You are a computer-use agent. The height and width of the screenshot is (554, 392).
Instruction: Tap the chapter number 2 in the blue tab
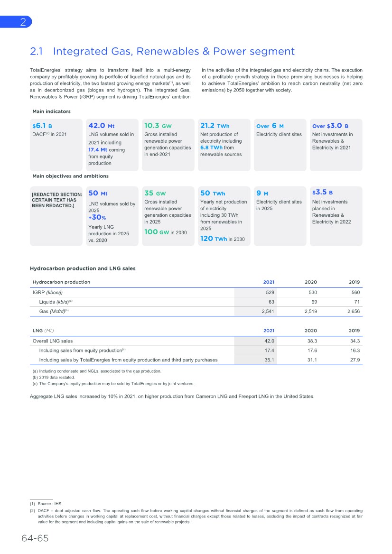pyautogui.click(x=22, y=22)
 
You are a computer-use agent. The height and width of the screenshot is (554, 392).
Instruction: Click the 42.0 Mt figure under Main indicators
pyautogui.click(x=101, y=126)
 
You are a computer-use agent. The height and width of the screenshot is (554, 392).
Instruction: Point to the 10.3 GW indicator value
pyautogui.click(x=158, y=126)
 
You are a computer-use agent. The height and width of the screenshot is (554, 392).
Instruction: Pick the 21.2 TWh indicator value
pyautogui.click(x=215, y=126)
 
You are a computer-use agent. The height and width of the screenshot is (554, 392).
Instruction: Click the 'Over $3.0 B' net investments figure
pyautogui.click(x=330, y=126)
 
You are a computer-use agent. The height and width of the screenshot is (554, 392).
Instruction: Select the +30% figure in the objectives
pyautogui.click(x=97, y=218)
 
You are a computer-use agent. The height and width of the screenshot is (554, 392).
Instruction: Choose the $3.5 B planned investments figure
pyautogui.click(x=322, y=193)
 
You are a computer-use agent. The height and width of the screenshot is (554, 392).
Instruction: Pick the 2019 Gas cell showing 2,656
pyautogui.click(x=353, y=312)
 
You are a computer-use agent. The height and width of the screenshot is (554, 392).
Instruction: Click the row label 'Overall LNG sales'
pyautogui.click(x=52, y=341)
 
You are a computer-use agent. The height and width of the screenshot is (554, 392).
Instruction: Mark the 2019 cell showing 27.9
pyautogui.click(x=355, y=360)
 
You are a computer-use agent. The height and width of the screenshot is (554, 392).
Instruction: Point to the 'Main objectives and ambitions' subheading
pyautogui.click(x=70, y=176)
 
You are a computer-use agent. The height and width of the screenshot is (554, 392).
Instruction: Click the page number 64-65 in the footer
pyautogui.click(x=35, y=538)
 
